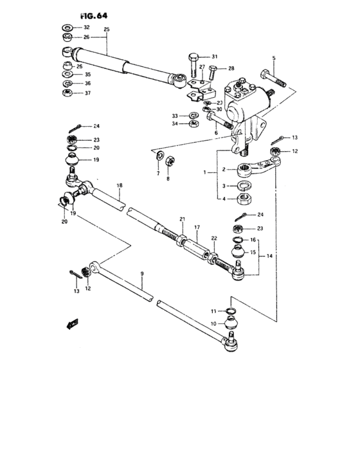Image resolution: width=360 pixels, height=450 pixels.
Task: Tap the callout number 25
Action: (107, 30)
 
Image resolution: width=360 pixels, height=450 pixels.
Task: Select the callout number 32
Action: (86, 28)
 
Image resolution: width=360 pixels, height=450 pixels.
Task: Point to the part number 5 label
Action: (273, 59)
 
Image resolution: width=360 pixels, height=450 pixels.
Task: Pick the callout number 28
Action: (231, 67)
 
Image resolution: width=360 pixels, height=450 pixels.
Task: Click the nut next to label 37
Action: (67, 94)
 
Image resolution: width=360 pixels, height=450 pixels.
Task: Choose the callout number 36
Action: (87, 84)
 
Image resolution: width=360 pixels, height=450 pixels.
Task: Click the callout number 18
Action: (119, 186)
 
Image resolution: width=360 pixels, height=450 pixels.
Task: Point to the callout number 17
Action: (197, 227)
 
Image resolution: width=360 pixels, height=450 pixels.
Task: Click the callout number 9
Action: (142, 274)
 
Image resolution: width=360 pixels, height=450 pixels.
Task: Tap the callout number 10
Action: (213, 323)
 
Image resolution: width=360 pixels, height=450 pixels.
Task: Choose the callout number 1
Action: (205, 172)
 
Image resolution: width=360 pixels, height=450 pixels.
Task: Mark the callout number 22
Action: (214, 239)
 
